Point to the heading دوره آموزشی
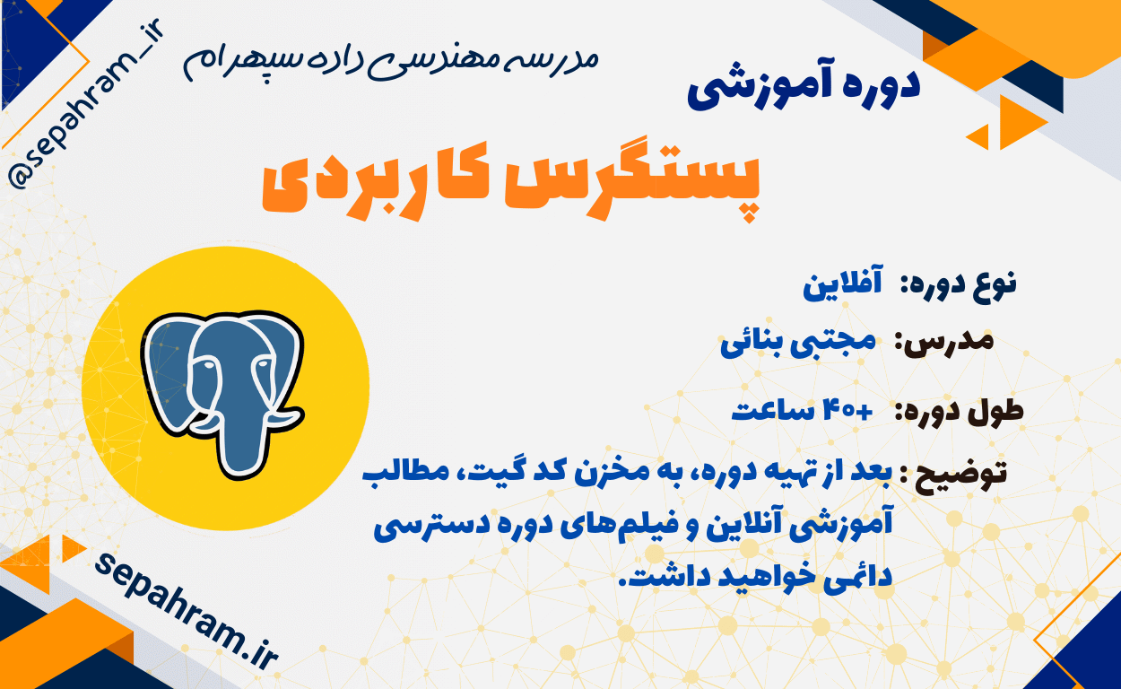click(x=804, y=87)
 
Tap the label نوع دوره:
click(x=959, y=285)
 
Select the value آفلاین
click(x=843, y=283)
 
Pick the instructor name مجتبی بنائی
click(x=798, y=344)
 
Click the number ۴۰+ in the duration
click(x=847, y=411)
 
